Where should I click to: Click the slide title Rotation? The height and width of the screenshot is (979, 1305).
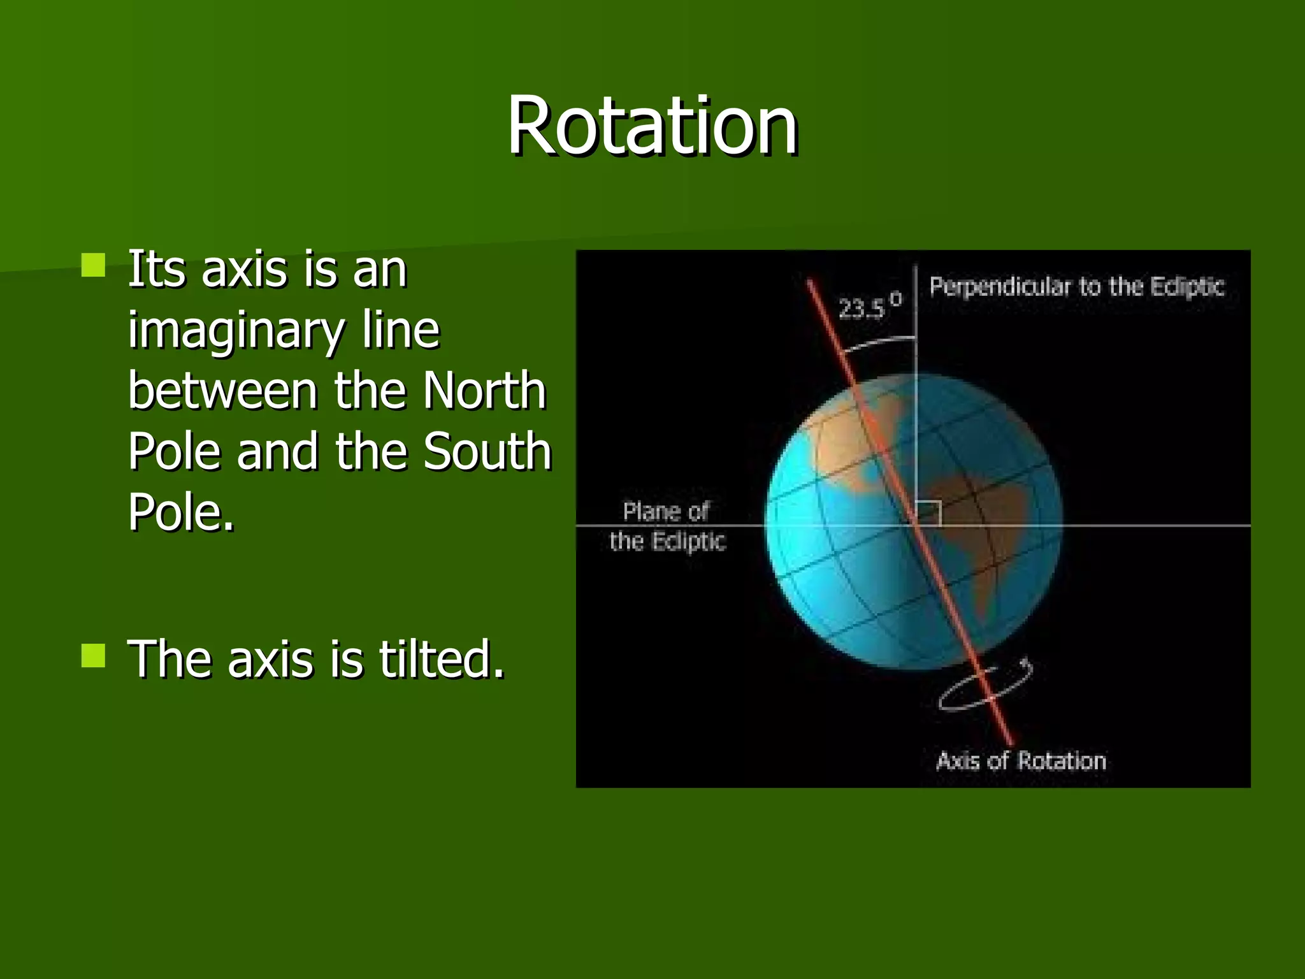[652, 126]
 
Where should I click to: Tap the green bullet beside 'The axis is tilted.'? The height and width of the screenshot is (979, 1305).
[94, 655]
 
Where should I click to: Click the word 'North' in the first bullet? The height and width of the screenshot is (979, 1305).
[484, 391]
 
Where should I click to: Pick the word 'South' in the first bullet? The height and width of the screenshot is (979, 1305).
[487, 451]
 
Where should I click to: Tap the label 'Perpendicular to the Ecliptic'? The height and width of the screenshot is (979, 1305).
[1076, 287]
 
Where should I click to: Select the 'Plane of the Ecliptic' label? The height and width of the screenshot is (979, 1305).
[667, 526]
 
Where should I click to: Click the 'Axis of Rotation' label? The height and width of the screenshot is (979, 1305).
[1021, 761]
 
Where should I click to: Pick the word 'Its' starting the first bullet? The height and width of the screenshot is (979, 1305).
[157, 270]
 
